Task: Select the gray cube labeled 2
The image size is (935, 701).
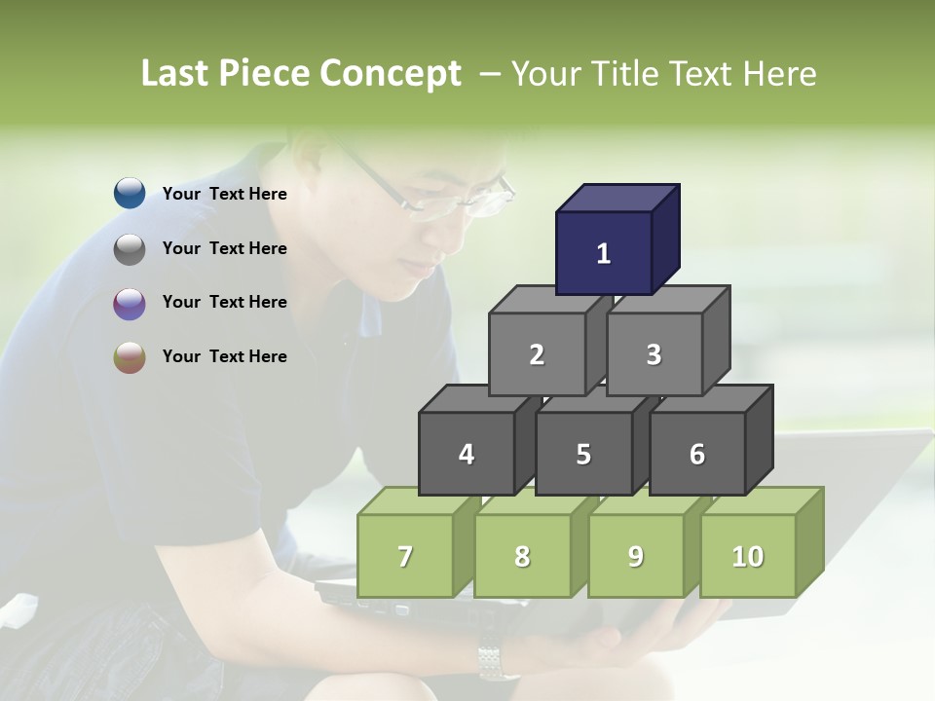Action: click(537, 354)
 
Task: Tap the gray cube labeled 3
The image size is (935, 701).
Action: click(654, 354)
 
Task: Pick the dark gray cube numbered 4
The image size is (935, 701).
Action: click(467, 454)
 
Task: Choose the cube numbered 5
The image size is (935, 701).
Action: click(583, 454)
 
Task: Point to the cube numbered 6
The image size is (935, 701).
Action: click(696, 454)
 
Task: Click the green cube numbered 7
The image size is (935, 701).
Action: click(405, 556)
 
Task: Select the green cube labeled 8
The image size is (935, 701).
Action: click(522, 556)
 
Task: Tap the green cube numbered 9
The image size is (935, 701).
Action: click(635, 556)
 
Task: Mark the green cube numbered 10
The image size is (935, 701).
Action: click(747, 556)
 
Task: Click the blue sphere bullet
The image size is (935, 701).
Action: click(130, 194)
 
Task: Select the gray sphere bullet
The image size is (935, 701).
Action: click(130, 248)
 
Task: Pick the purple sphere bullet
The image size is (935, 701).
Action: click(130, 303)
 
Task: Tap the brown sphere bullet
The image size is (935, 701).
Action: click(130, 357)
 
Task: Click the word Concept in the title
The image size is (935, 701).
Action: click(390, 74)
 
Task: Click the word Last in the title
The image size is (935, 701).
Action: click(176, 74)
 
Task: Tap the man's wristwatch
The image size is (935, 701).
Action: click(491, 662)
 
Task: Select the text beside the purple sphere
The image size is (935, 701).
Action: click(225, 302)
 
